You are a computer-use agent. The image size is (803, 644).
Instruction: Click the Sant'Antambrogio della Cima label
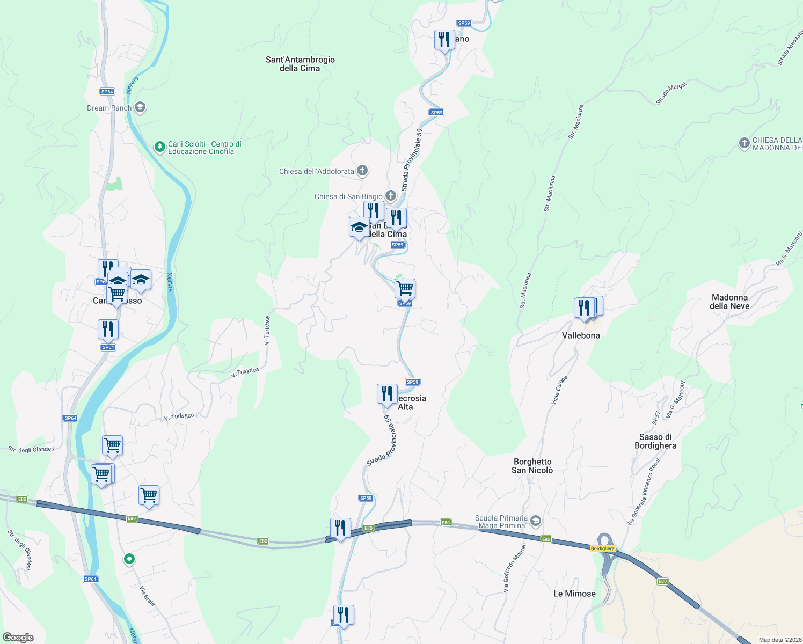tap(300, 64)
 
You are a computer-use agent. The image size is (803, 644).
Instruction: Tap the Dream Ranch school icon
tap(140, 108)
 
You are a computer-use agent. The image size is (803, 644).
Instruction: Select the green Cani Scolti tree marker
tap(159, 147)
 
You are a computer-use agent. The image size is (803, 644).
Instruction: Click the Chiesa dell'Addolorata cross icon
tap(362, 171)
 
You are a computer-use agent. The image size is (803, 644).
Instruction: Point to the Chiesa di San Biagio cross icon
tap(391, 196)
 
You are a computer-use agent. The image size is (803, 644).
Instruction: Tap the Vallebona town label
tap(581, 335)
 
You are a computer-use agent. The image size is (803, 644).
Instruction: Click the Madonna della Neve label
tap(729, 302)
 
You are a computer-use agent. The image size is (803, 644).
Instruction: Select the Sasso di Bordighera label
tap(655, 441)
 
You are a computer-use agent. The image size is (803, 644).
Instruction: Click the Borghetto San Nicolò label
tap(532, 466)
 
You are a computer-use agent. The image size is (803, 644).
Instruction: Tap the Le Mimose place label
tap(574, 594)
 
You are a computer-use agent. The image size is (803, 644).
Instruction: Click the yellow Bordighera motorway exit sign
tap(602, 548)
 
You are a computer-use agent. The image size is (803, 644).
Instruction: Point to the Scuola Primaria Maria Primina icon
tap(535, 521)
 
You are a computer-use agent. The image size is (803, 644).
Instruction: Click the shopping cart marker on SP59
tap(405, 288)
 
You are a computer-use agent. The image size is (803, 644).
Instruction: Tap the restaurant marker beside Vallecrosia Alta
tap(387, 394)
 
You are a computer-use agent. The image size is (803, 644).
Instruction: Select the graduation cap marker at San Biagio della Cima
tap(359, 227)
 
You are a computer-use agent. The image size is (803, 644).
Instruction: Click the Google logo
tap(18, 638)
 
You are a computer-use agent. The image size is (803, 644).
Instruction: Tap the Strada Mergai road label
tap(671, 94)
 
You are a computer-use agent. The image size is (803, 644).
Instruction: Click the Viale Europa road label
tap(559, 390)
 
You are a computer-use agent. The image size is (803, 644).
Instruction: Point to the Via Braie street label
tap(147, 596)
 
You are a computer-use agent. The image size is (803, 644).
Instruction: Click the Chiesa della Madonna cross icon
tap(744, 143)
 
